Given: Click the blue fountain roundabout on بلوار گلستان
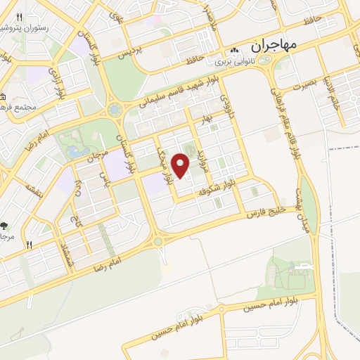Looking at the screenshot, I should tap(115, 110).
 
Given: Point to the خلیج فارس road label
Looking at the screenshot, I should tap(271, 210).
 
